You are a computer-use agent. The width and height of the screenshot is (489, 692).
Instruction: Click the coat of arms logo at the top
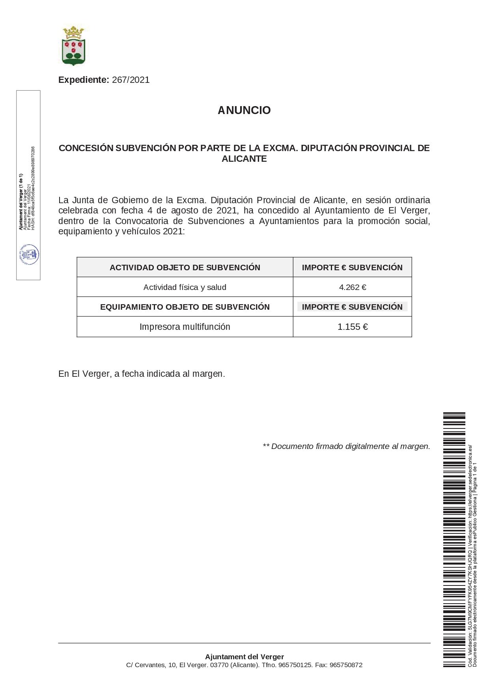coord(74,46)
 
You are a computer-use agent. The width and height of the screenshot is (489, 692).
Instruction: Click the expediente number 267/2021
coord(131,80)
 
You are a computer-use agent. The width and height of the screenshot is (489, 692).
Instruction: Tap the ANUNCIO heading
coord(244,110)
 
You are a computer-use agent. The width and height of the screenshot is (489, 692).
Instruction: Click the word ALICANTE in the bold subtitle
coord(244,159)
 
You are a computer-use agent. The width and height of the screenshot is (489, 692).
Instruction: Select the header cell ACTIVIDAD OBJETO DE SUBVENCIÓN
coord(185,267)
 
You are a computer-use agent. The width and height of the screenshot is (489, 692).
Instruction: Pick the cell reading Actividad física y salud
coord(185,287)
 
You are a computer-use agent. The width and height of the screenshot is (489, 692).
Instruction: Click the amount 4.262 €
coord(353,287)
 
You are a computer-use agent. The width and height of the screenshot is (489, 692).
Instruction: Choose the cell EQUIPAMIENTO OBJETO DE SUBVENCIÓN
coord(185,307)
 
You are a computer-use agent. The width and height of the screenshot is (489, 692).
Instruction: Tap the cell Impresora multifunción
coord(185,327)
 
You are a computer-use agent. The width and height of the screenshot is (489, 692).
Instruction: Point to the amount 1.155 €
coord(353,327)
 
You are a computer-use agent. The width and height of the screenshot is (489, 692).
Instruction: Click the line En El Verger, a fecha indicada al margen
coord(142,374)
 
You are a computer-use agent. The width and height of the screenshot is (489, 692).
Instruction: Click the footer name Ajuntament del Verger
coord(244,657)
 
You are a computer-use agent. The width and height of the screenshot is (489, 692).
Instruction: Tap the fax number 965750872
coord(346,665)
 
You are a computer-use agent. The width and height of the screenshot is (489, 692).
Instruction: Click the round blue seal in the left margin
coord(29,254)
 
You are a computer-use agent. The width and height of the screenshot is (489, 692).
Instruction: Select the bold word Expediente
coord(84,80)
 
